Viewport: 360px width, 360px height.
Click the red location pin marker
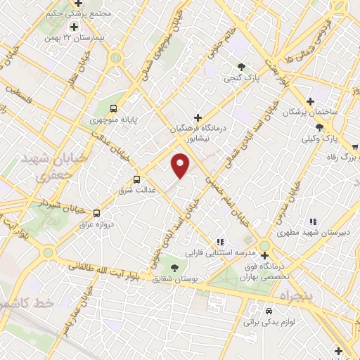tap(181, 166)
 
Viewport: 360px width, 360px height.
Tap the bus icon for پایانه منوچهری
tap(114, 108)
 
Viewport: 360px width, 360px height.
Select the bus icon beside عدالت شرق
tap(137, 179)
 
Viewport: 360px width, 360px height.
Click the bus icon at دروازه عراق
tap(96, 213)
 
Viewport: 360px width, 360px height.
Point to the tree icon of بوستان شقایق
tap(173, 267)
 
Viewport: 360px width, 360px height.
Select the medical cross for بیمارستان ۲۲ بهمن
tap(74, 27)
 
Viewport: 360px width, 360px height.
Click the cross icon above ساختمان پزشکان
tap(310, 101)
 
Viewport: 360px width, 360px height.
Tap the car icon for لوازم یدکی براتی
tap(268, 310)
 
